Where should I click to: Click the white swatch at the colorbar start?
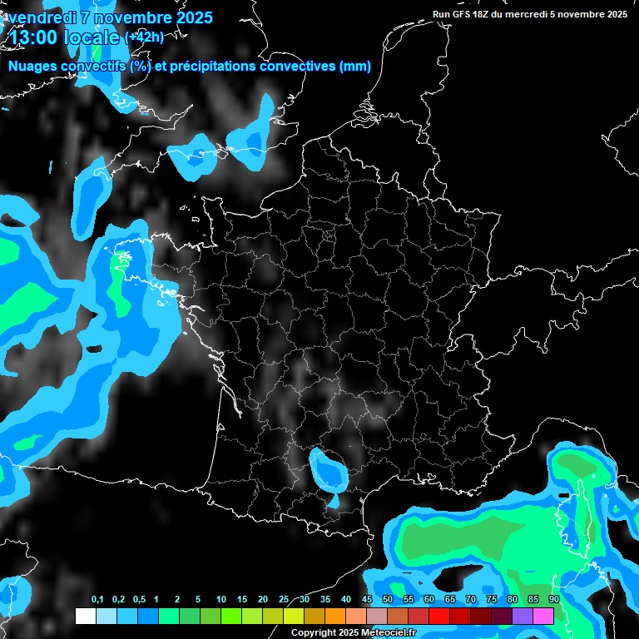(85, 617)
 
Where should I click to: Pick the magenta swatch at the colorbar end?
(542, 617)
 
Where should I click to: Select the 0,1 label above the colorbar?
(97, 600)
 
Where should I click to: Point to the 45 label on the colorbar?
(367, 600)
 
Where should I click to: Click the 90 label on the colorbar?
(553, 600)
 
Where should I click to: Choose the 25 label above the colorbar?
(284, 600)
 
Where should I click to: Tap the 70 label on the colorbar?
(470, 600)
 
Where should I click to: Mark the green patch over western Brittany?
(121, 283)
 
